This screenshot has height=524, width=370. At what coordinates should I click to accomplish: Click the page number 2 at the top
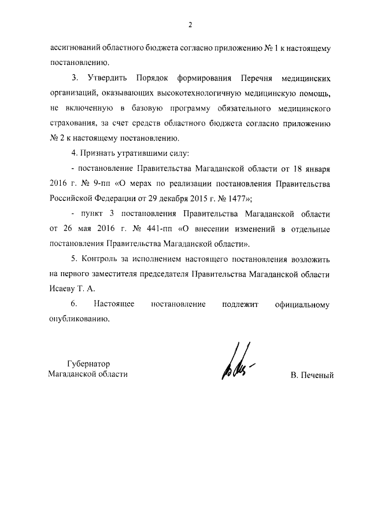click(x=190, y=24)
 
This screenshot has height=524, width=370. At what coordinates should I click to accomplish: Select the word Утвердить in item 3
click(x=109, y=78)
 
